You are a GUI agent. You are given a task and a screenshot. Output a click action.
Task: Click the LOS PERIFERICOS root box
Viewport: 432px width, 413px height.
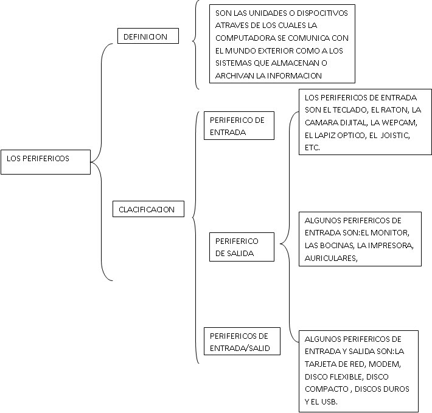(46, 162)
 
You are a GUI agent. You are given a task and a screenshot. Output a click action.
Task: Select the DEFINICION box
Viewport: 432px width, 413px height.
(148, 36)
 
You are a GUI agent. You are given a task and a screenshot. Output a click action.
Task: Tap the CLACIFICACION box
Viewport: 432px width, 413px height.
(148, 209)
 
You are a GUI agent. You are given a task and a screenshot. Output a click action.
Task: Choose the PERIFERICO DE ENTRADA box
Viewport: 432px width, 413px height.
(239, 125)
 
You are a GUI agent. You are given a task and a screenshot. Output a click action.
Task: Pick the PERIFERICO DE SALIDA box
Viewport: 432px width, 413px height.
(242, 247)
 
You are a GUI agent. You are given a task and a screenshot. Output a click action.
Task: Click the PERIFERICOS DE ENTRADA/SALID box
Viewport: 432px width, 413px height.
(242, 341)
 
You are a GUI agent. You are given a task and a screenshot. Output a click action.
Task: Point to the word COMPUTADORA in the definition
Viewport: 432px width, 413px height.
(245, 38)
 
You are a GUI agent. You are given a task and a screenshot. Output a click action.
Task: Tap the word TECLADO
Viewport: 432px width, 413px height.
(350, 110)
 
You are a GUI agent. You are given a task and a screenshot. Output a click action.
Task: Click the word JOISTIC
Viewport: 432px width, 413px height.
(396, 136)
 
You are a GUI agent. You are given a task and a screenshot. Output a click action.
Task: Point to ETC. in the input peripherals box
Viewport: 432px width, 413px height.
(312, 148)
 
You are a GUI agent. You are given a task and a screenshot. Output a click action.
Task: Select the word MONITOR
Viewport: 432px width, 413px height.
(390, 233)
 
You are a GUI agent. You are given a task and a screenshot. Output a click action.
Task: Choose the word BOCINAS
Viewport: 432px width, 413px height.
(337, 245)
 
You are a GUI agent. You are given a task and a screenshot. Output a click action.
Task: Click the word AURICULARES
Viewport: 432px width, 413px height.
(331, 259)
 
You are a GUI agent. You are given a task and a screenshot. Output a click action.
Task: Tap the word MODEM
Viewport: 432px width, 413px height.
(385, 364)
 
